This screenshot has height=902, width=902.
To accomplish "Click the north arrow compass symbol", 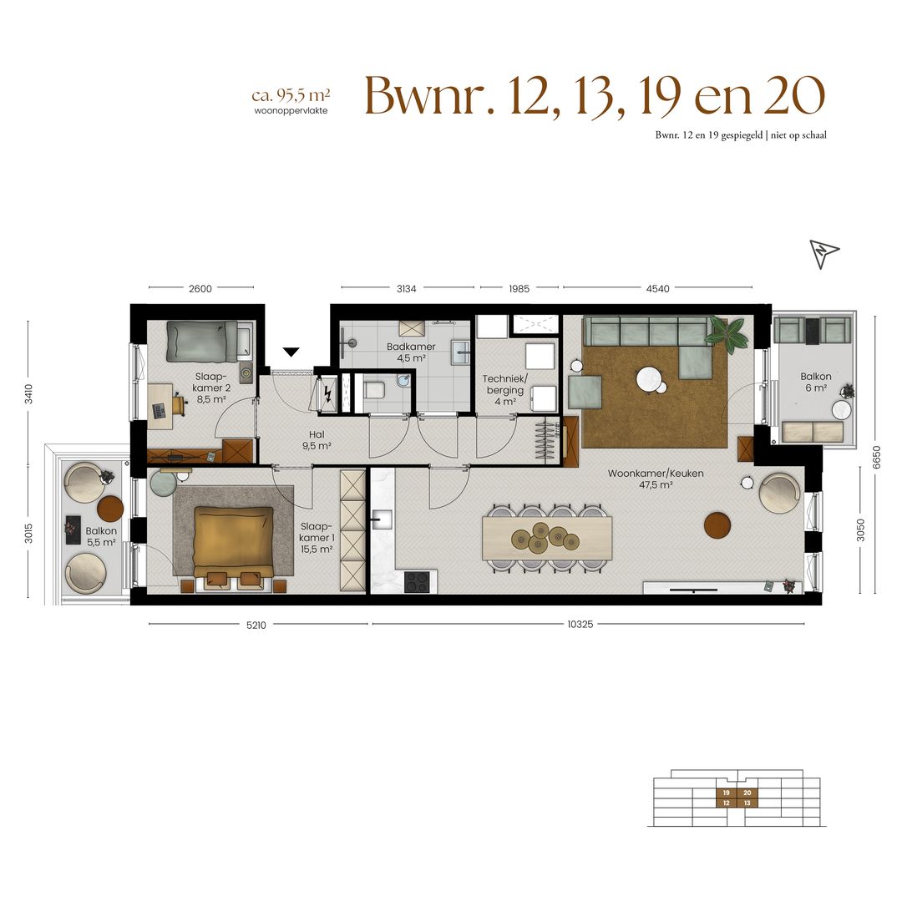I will click(x=823, y=252).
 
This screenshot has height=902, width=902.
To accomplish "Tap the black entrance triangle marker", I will click(x=291, y=352).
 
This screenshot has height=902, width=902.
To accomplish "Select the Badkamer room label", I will click(x=411, y=352).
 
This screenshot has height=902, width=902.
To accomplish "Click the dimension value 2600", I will click(x=200, y=289).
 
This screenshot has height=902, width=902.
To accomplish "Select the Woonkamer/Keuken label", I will click(x=656, y=479).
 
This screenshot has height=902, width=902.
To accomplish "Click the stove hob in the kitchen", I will click(x=420, y=581).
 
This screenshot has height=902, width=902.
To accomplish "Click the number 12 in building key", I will click(x=726, y=803).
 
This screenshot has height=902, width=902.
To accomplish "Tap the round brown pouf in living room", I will click(x=717, y=524).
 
